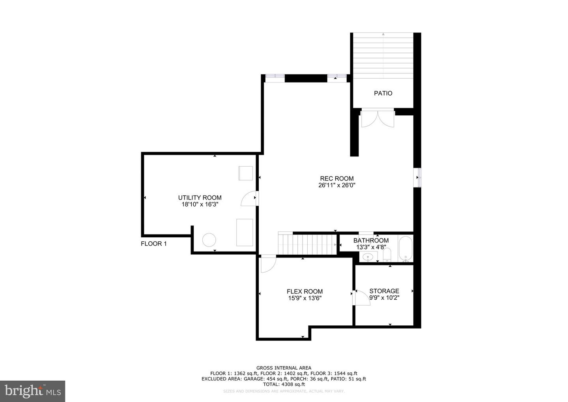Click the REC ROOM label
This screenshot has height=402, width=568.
(x=336, y=178)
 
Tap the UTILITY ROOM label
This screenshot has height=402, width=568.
(x=200, y=198)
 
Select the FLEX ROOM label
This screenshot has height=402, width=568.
(x=305, y=292)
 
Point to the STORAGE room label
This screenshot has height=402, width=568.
(x=384, y=291)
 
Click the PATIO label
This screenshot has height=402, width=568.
(x=383, y=93)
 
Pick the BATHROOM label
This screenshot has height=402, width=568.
(x=371, y=240)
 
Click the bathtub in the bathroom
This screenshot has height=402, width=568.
(x=405, y=249)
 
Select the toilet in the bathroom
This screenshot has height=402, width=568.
(x=387, y=255)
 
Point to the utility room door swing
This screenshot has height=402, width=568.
(x=249, y=199)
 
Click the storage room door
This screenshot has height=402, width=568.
(x=362, y=298)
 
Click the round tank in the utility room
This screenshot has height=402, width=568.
(x=209, y=240)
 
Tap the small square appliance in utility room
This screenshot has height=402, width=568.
(x=245, y=173)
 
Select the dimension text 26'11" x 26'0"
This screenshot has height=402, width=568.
(x=336, y=185)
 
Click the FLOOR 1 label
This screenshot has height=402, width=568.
(x=154, y=244)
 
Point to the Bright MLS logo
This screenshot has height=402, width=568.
(x=32, y=391)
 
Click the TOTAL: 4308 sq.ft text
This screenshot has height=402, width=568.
(x=284, y=384)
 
